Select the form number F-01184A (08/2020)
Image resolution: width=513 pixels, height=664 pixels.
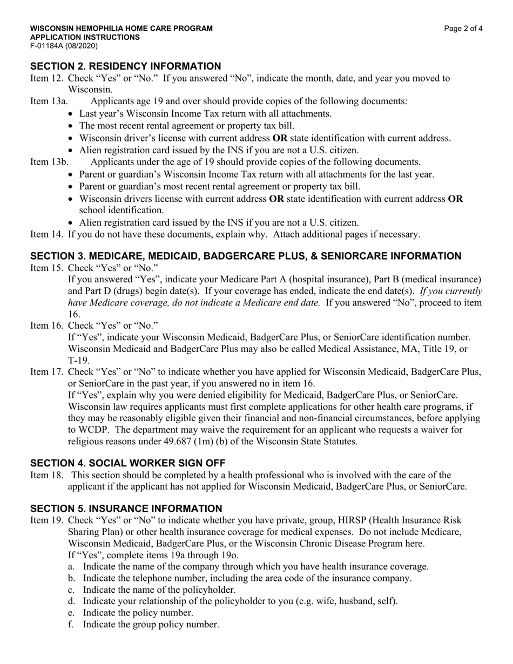tap(64, 46)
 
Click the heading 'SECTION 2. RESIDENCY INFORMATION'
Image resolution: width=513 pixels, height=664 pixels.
tap(125, 66)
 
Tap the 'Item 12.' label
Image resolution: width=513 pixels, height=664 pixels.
tap(47, 78)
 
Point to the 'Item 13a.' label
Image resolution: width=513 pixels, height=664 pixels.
tap(49, 101)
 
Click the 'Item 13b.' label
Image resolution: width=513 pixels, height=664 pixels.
tap(49, 162)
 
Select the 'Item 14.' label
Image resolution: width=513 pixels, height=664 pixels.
tap(47, 234)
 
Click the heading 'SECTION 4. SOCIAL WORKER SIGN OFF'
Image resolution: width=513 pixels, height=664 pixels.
tap(127, 463)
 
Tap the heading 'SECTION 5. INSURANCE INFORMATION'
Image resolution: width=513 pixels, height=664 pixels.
tap(126, 509)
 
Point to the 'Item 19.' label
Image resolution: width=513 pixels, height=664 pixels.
tap(47, 520)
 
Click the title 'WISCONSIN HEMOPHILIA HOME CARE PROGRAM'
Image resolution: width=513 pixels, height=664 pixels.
tap(121, 29)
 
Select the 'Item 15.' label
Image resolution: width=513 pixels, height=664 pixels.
tap(47, 268)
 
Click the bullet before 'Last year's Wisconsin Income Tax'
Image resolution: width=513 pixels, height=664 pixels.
tap(73, 114)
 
